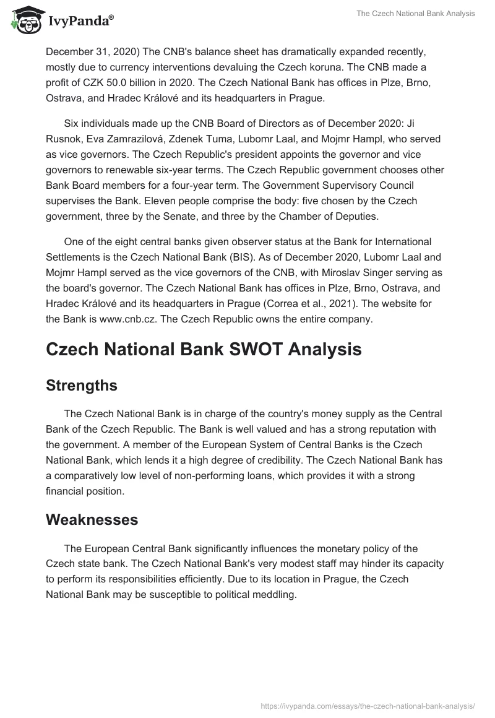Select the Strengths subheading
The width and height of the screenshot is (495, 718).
point(82,385)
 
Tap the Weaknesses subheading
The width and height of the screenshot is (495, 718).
point(92,520)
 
